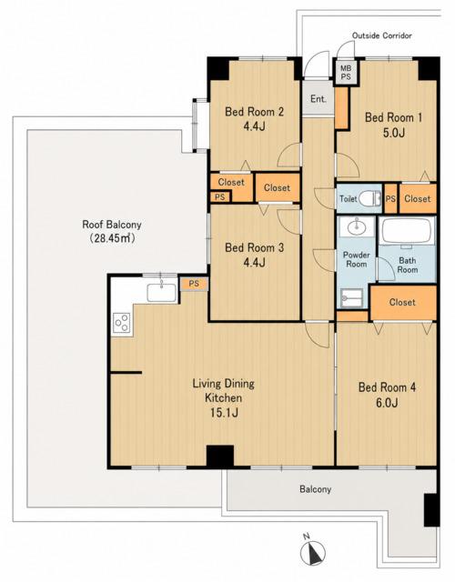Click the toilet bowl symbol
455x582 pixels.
[x=371, y=198]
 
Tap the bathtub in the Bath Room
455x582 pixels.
[x=407, y=231]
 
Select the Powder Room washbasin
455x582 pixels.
[x=356, y=226]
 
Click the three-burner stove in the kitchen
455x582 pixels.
[x=122, y=323]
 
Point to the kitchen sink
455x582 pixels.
[x=162, y=292]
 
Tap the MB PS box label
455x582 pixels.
[x=346, y=73]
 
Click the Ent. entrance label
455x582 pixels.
[x=318, y=99]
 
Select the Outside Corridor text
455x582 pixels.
[x=382, y=35]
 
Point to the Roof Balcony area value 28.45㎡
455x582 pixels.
[x=112, y=238]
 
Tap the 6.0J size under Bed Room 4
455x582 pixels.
[x=387, y=403]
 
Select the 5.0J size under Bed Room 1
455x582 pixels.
[x=393, y=133]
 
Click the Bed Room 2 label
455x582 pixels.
[x=255, y=111]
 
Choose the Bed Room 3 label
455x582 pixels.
[x=255, y=247]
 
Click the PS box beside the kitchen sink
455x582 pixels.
[x=194, y=284]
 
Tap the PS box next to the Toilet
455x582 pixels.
[x=390, y=198]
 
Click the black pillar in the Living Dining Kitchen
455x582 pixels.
[x=220, y=456]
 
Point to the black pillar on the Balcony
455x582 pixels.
[x=431, y=509]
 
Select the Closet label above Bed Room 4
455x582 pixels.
[x=402, y=302]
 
